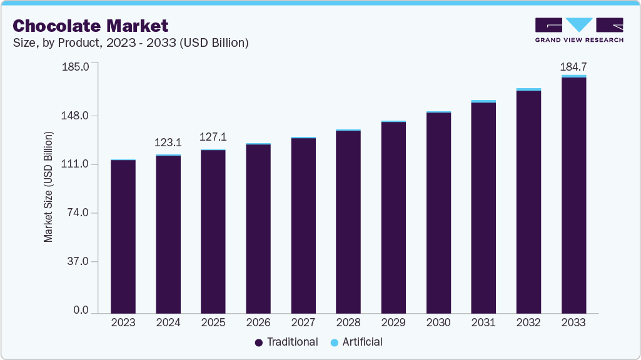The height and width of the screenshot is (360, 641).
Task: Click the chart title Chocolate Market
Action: pos(90,26)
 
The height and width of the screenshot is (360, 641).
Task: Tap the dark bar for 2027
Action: pos(303,225)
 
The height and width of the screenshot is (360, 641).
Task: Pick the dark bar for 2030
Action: pos(438,212)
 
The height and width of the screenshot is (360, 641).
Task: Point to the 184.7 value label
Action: pos(573,66)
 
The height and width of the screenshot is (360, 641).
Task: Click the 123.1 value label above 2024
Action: pos(168,143)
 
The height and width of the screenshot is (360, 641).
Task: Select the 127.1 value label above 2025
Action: pos(213,137)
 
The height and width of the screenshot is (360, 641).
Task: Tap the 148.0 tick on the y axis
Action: pos(79,116)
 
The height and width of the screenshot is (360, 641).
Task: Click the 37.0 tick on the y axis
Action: pos(81,261)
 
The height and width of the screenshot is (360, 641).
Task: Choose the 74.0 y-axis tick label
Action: pos(81,213)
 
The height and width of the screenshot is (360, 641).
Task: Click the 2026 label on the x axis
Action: pos(258,323)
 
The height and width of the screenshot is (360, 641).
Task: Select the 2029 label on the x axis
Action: pos(393,323)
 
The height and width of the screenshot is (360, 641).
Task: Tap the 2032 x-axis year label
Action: pos(528,323)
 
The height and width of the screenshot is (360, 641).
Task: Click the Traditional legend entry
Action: pos(292,342)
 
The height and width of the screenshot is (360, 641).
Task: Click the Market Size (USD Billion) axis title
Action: pos(48,187)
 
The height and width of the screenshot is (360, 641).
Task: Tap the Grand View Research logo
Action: pos(579,30)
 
